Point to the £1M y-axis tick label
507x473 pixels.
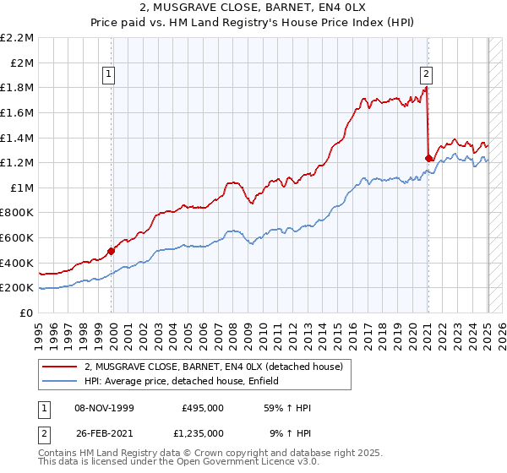(x=20, y=188)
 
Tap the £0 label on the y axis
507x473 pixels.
(x=27, y=313)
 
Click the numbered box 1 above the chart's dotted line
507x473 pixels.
(x=110, y=73)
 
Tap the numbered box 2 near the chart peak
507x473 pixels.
(x=426, y=73)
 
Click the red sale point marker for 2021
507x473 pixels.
(x=428, y=158)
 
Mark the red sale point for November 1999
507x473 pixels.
(x=112, y=251)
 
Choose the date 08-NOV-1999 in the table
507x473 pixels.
(x=104, y=408)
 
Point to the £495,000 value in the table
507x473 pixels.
(x=203, y=408)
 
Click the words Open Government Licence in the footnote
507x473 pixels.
(x=236, y=464)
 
